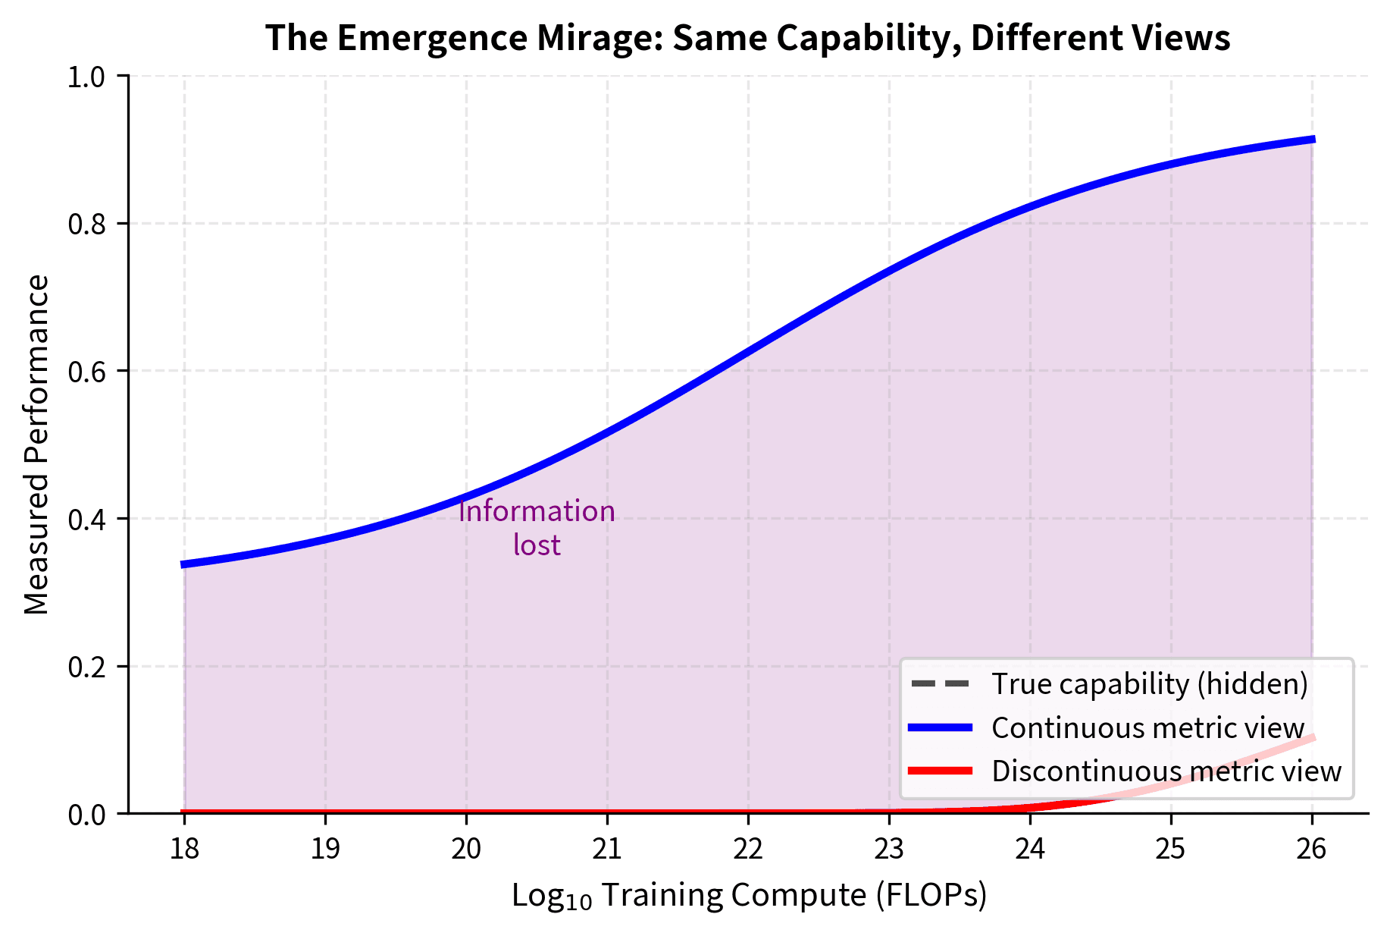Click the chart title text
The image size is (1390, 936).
pos(747,38)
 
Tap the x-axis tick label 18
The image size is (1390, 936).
pos(184,848)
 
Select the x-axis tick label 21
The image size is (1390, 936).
pos(607,848)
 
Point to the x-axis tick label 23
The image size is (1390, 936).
pos(889,848)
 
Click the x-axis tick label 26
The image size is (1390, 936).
pos(1312,848)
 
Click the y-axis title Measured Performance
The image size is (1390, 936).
pos(36,444)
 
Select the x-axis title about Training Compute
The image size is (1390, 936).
pos(749,896)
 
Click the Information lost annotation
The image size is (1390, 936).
pos(537,528)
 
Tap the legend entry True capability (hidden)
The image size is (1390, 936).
pos(1149,684)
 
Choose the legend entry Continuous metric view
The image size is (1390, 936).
pos(1147,728)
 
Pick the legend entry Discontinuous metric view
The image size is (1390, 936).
pos(1166,771)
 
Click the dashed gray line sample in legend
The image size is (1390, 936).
pos(940,684)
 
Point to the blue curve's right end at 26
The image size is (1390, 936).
pos(1312,140)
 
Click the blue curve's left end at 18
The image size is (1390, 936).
pos(184,564)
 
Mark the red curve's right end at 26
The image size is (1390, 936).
pos(1312,738)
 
